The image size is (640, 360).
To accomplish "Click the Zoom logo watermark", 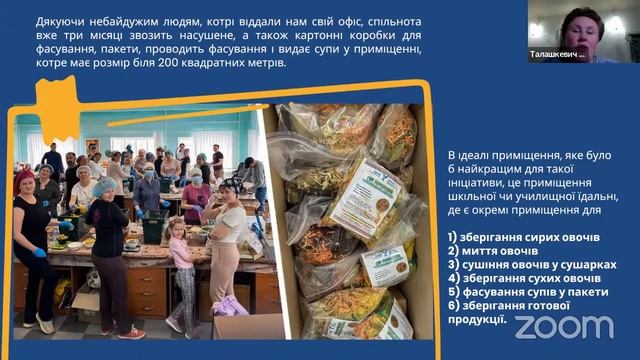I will [563, 327].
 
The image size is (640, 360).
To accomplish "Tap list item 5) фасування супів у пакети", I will [530, 292].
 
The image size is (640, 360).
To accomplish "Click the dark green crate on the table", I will [153, 227].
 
